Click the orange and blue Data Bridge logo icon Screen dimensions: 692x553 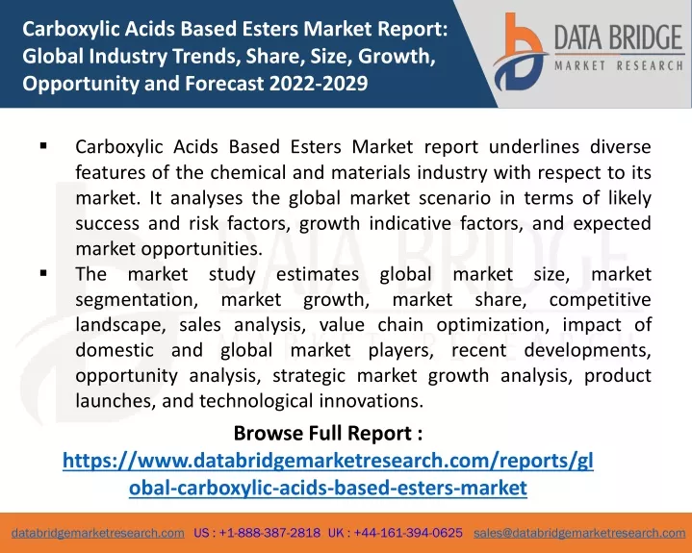click(x=520, y=52)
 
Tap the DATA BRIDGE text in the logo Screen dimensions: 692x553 click(x=618, y=38)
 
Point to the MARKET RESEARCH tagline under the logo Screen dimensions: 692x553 click(x=619, y=66)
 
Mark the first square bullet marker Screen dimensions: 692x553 click(x=43, y=145)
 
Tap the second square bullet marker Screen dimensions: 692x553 click(x=43, y=273)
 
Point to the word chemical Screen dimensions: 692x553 click(x=248, y=172)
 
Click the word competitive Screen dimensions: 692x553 click(x=601, y=300)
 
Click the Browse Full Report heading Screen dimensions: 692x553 click(x=328, y=433)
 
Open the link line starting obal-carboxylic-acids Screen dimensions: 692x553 click(x=328, y=488)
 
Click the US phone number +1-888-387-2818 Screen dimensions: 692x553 click(x=269, y=533)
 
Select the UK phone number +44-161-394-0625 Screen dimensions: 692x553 click(x=408, y=533)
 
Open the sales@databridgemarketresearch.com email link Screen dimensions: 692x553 click(x=579, y=533)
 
